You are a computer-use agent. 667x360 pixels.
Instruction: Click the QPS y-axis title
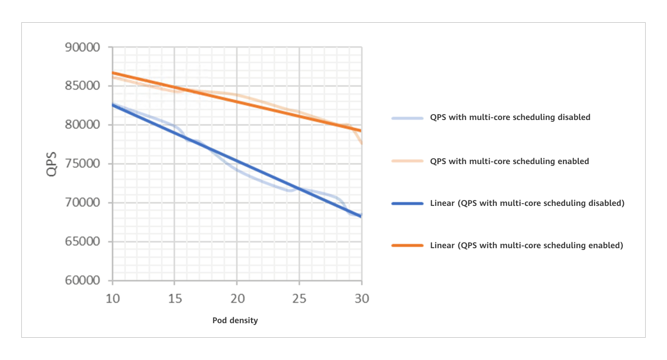(x=53, y=164)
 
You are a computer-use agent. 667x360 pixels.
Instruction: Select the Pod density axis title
(x=235, y=320)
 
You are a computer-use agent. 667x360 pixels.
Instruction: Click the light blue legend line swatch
(x=407, y=118)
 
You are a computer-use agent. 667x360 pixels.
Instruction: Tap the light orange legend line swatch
(x=407, y=161)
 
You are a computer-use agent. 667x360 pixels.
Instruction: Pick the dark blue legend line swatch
(x=407, y=204)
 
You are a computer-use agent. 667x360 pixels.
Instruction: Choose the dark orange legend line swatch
(x=407, y=245)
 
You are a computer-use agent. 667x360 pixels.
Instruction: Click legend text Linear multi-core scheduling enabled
(x=526, y=245)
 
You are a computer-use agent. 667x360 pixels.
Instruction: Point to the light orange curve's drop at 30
(x=360, y=140)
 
